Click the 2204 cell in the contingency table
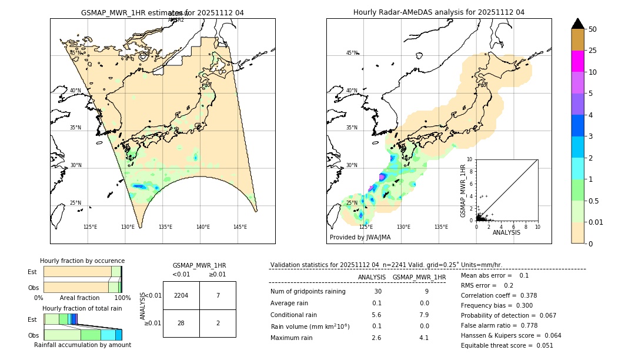tap(181, 296)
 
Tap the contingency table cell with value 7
tap(218, 296)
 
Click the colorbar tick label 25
tap(593, 51)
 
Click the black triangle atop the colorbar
tap(578, 24)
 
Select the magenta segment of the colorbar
tap(578, 61)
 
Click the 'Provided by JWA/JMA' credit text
tap(360, 238)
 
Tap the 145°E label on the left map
tap(240, 227)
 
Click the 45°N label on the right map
tap(352, 53)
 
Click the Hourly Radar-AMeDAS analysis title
tap(439, 12)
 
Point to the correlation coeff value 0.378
tap(524, 295)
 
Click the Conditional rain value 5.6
tap(377, 315)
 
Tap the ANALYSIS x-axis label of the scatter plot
tap(506, 232)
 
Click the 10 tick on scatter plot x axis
tap(537, 226)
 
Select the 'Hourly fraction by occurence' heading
tap(82, 261)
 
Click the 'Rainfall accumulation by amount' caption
tap(82, 345)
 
